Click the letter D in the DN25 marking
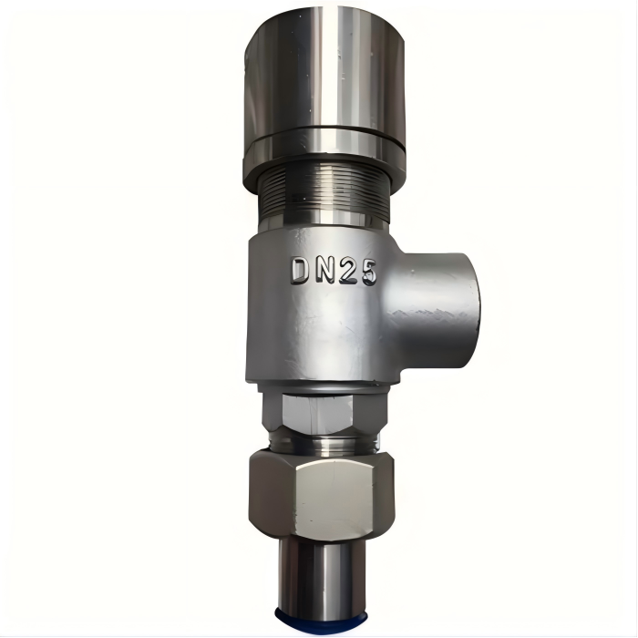point(299,271)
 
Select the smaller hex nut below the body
point(324,412)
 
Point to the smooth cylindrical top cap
point(325,73)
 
